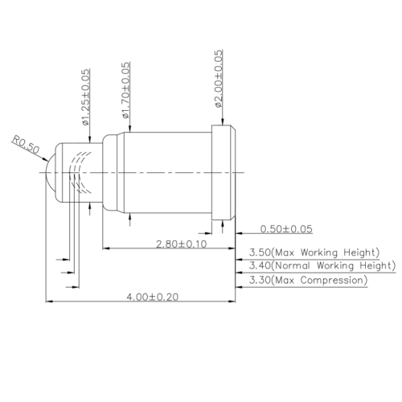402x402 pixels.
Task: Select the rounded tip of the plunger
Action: tap(51, 171)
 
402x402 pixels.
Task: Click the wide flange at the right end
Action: tap(224, 171)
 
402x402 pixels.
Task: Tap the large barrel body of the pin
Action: tap(161, 171)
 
